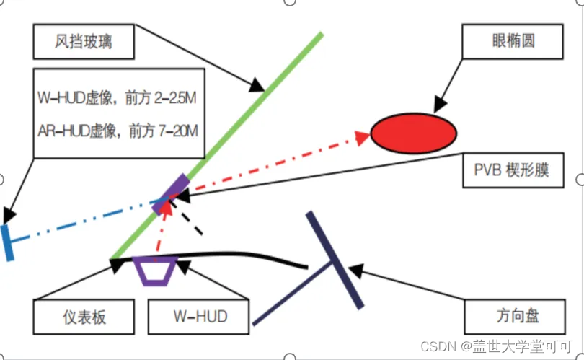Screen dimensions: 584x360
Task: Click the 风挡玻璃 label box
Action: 84,42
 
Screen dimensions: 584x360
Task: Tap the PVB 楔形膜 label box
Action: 512,170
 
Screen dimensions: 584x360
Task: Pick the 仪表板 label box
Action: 84,315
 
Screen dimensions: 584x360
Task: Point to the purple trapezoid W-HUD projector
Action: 156,270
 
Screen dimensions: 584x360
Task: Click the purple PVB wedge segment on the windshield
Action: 172,193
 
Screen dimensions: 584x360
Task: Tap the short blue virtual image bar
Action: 7,242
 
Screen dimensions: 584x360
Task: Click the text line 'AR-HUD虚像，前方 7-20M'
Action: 118,131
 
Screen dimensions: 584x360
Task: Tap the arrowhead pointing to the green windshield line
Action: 258,87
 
